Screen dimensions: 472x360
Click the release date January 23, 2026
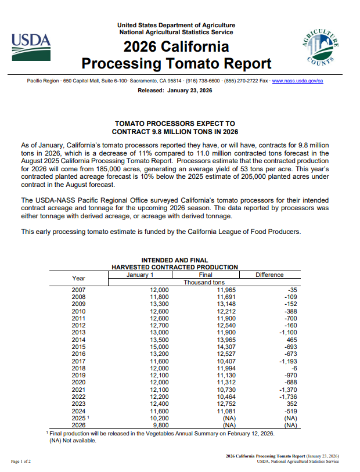pyautogui.click(x=175, y=91)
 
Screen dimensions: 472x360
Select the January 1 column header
pyautogui.click(x=140, y=275)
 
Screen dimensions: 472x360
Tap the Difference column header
pyautogui.click(x=269, y=275)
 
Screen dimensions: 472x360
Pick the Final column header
pyautogui.click(x=205, y=275)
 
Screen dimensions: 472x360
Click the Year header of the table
pyautogui.click(x=78, y=278)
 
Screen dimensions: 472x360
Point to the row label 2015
pyautogui.click(x=78, y=347)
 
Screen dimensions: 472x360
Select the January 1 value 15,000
pyautogui.click(x=159, y=347)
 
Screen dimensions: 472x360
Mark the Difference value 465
pyautogui.click(x=289, y=340)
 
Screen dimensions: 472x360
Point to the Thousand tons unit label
pyautogui.click(x=204, y=282)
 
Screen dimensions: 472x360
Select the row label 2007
pyautogui.click(x=78, y=289)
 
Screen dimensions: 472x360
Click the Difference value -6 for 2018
pyautogui.click(x=294, y=368)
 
